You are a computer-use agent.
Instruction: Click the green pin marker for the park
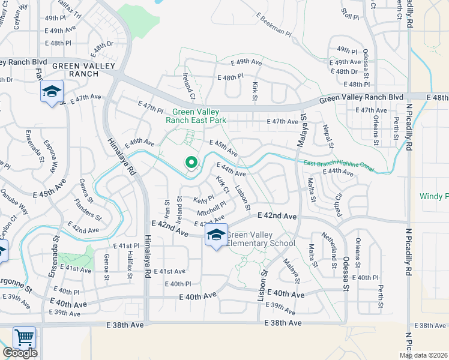(x=191, y=163)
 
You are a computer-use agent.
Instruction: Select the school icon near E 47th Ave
(x=52, y=92)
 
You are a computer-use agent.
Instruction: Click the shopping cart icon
(x=24, y=337)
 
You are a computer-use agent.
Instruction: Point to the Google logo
(x=20, y=353)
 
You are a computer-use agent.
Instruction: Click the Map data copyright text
(x=424, y=355)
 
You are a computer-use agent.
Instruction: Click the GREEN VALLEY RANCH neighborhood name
(x=75, y=70)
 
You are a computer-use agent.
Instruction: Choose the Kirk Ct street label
(x=223, y=185)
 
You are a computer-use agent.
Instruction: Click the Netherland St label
(x=329, y=250)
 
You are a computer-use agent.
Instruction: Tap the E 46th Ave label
(x=140, y=143)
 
